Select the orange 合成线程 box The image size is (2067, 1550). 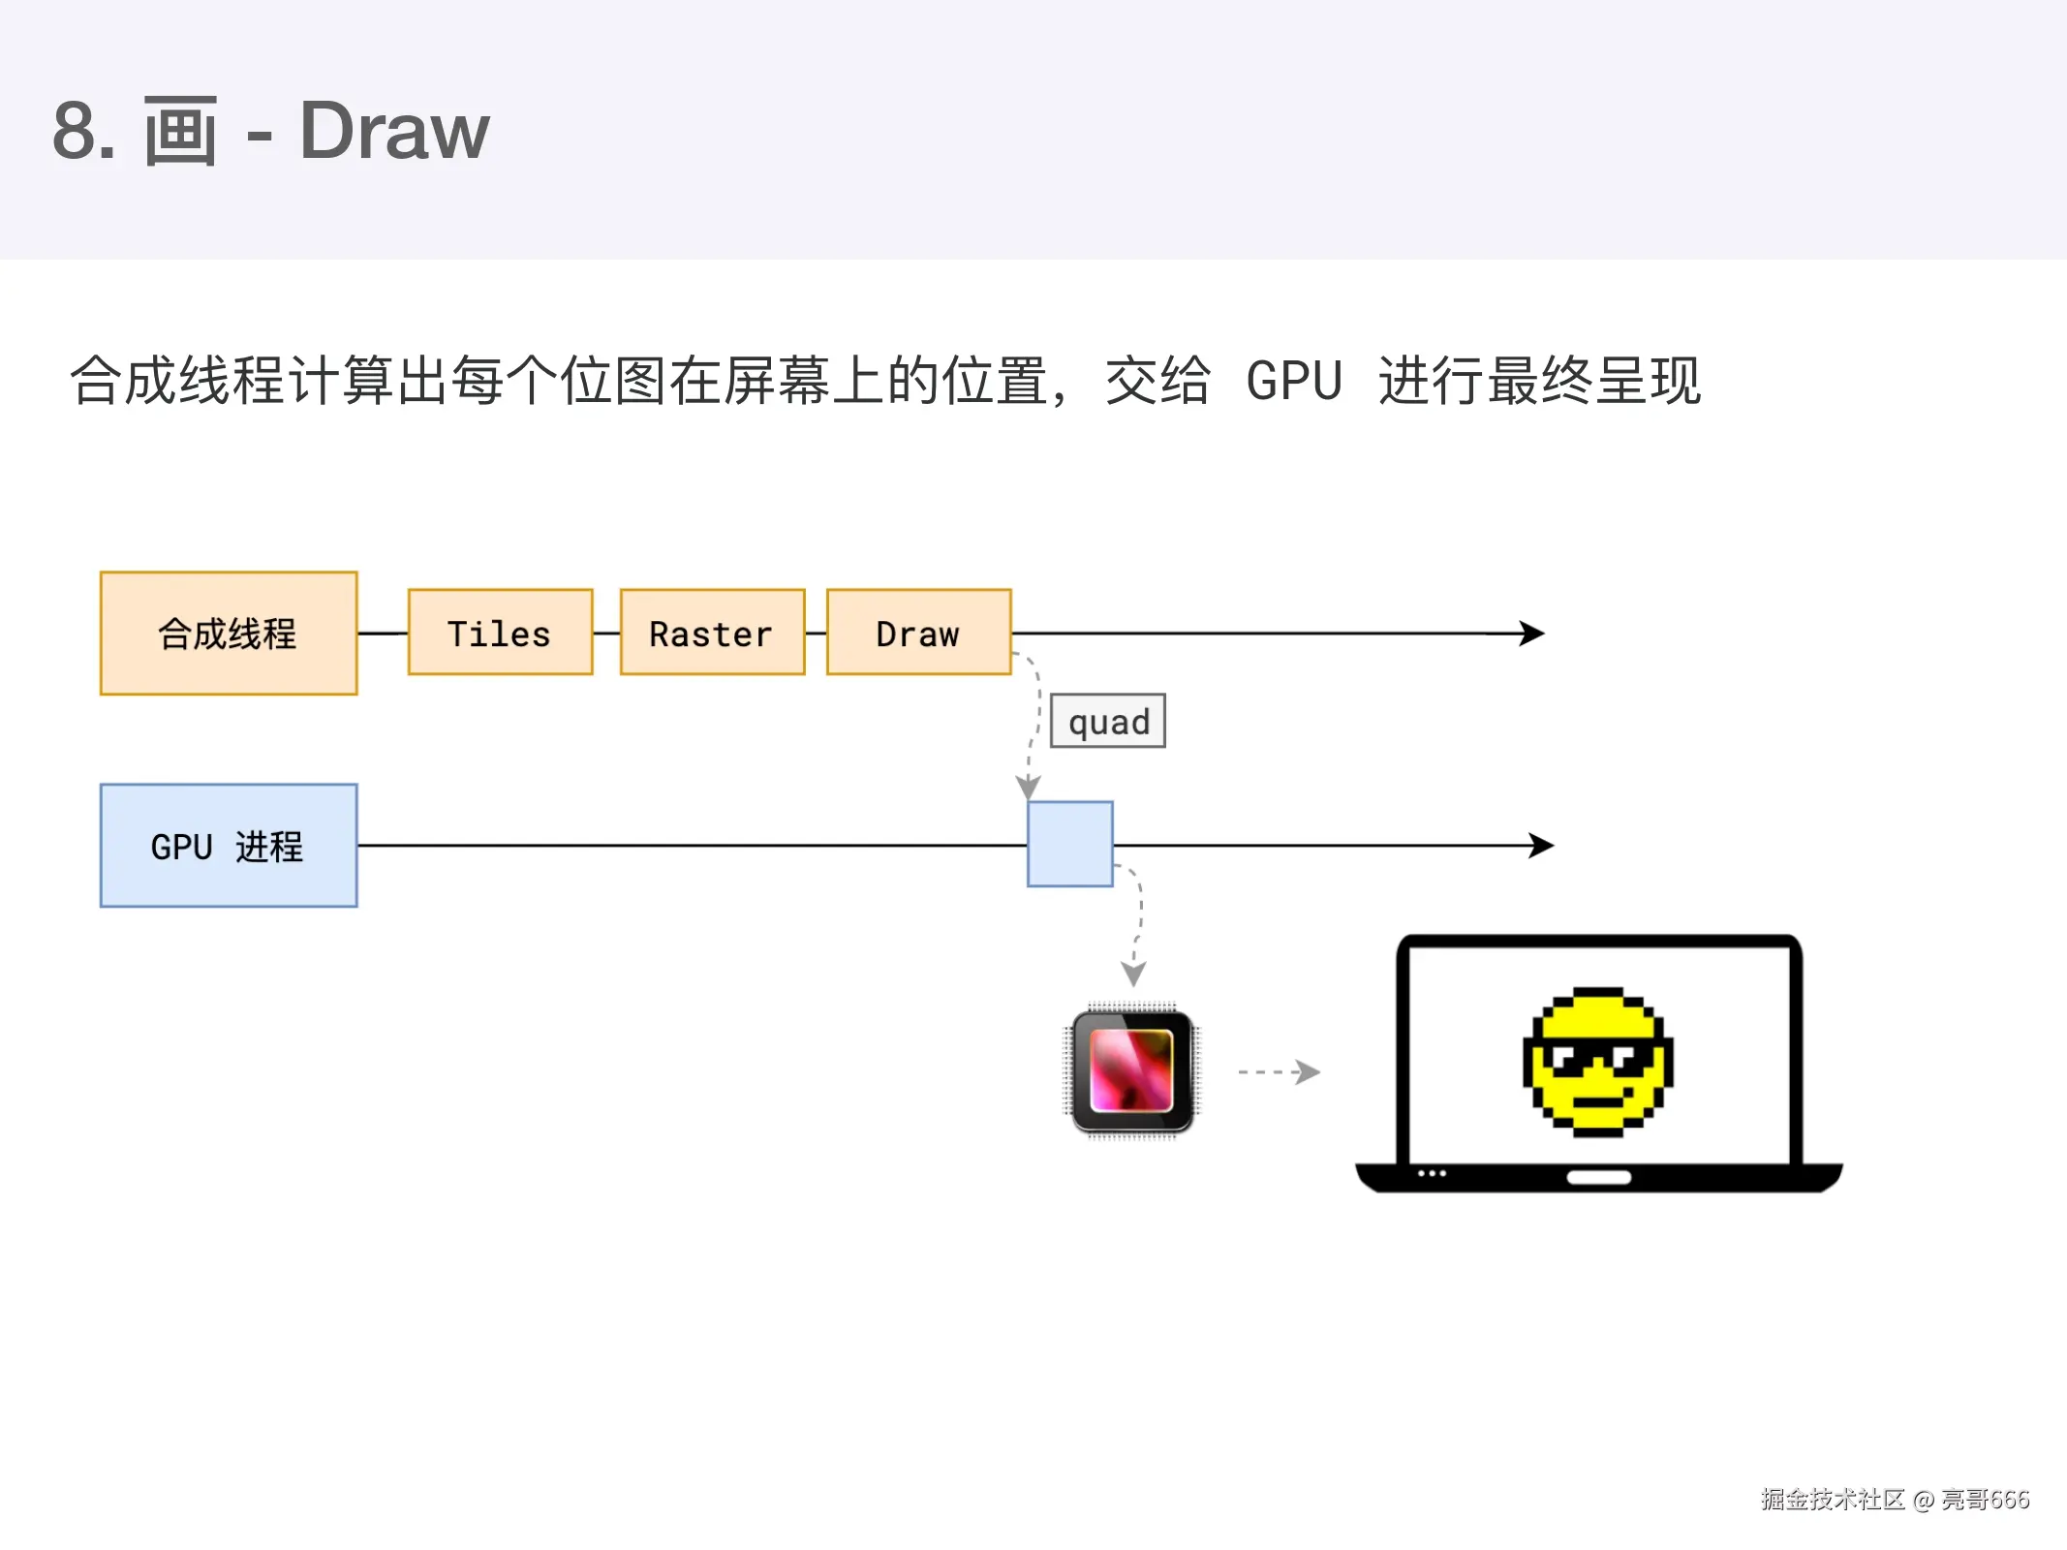tap(229, 634)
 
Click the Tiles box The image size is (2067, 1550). tap(500, 633)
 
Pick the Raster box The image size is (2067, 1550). tap(712, 633)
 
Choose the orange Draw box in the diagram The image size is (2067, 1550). tap(918, 633)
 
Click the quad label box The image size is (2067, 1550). tap(1108, 721)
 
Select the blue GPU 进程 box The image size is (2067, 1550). tap(229, 846)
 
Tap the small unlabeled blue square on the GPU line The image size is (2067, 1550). tap(1070, 844)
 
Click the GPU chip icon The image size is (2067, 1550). tap(1131, 1070)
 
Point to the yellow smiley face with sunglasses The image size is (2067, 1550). tap(1598, 1062)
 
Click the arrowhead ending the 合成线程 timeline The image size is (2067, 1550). tap(1533, 634)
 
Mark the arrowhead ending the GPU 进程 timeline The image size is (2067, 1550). tap(1542, 846)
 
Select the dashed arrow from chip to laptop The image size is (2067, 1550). tap(1280, 1072)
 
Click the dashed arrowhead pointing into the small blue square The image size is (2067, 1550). tap(1028, 786)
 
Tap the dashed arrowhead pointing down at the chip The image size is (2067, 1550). tap(1133, 973)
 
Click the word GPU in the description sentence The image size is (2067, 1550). tap(1294, 381)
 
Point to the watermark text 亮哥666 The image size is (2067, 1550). tap(1985, 1500)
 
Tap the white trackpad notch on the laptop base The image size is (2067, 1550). tap(1598, 1178)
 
